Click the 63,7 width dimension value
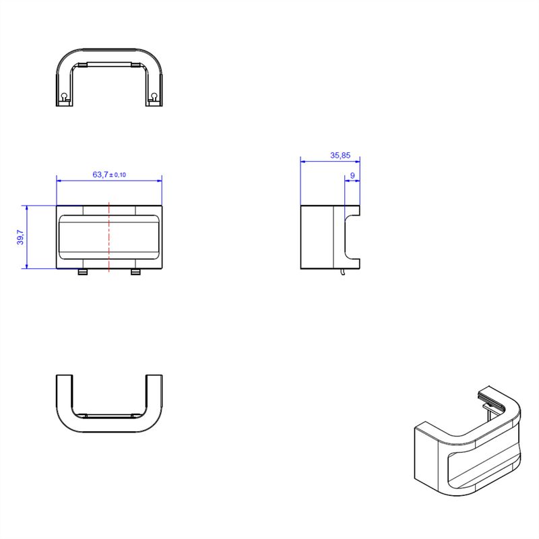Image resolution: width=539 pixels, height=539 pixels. click(x=100, y=175)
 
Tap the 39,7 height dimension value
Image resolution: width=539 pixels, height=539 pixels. click(x=20, y=237)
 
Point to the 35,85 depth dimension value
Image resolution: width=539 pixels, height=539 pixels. click(x=340, y=156)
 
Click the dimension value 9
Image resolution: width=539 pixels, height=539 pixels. click(x=352, y=176)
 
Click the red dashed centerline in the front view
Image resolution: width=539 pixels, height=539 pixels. click(x=109, y=237)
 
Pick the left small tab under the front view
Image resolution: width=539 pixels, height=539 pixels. click(x=83, y=272)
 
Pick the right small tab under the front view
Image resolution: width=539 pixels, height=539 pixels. click(x=136, y=272)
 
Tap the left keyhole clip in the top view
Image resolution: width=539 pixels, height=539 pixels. click(x=64, y=97)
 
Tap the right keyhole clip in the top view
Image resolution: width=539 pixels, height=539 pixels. click(x=154, y=97)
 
